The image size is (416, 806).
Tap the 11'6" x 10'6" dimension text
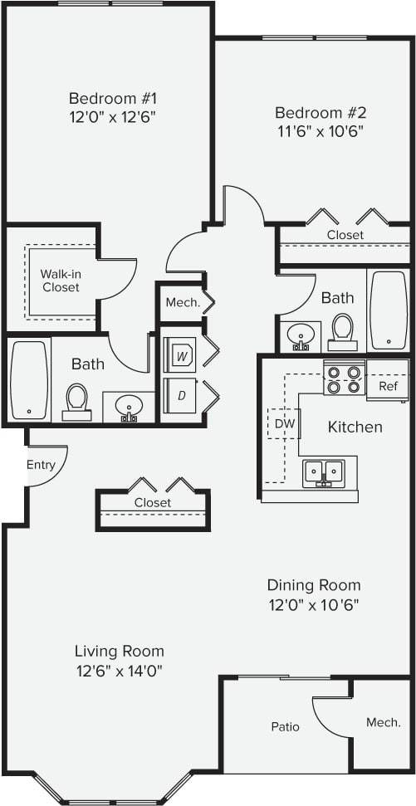click(x=320, y=130)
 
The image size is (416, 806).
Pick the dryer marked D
click(x=181, y=396)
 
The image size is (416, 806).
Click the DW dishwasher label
click(x=285, y=423)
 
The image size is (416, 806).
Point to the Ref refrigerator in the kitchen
click(x=388, y=386)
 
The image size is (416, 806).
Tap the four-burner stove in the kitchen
click(x=345, y=379)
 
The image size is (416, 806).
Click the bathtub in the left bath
click(x=29, y=379)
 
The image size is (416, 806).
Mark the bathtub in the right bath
click(x=388, y=310)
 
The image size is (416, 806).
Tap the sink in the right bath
click(x=298, y=335)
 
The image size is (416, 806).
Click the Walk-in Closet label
click(x=61, y=281)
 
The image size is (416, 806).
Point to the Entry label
click(x=41, y=465)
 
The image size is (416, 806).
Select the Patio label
click(x=285, y=726)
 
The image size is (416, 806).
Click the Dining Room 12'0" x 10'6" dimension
click(x=313, y=604)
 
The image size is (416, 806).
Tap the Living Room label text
click(x=119, y=651)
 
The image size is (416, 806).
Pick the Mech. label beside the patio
click(x=383, y=722)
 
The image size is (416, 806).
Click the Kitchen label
click(x=355, y=427)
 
